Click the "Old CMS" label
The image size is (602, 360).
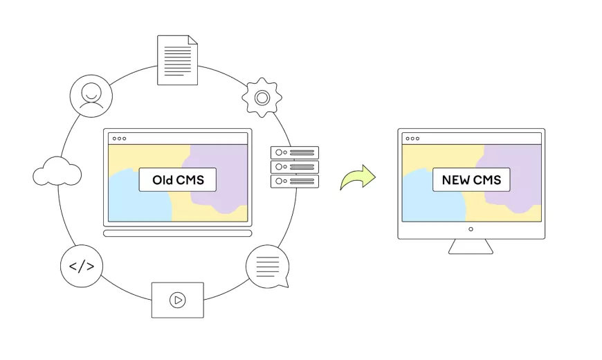click(177, 180)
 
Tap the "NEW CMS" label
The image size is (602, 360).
click(471, 180)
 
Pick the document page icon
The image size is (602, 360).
click(177, 60)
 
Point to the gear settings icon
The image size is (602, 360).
click(262, 98)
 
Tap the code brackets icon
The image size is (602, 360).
click(82, 266)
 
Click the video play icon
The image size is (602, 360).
click(178, 300)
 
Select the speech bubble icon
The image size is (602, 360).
click(268, 266)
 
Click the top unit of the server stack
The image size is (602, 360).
click(295, 152)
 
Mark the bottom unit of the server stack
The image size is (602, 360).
click(295, 181)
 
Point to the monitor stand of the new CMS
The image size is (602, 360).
click(471, 246)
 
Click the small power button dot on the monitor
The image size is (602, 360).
click(471, 229)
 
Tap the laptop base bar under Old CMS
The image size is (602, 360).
click(177, 233)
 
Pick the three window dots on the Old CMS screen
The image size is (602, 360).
click(120, 138)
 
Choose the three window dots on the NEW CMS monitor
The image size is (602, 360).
click(413, 138)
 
